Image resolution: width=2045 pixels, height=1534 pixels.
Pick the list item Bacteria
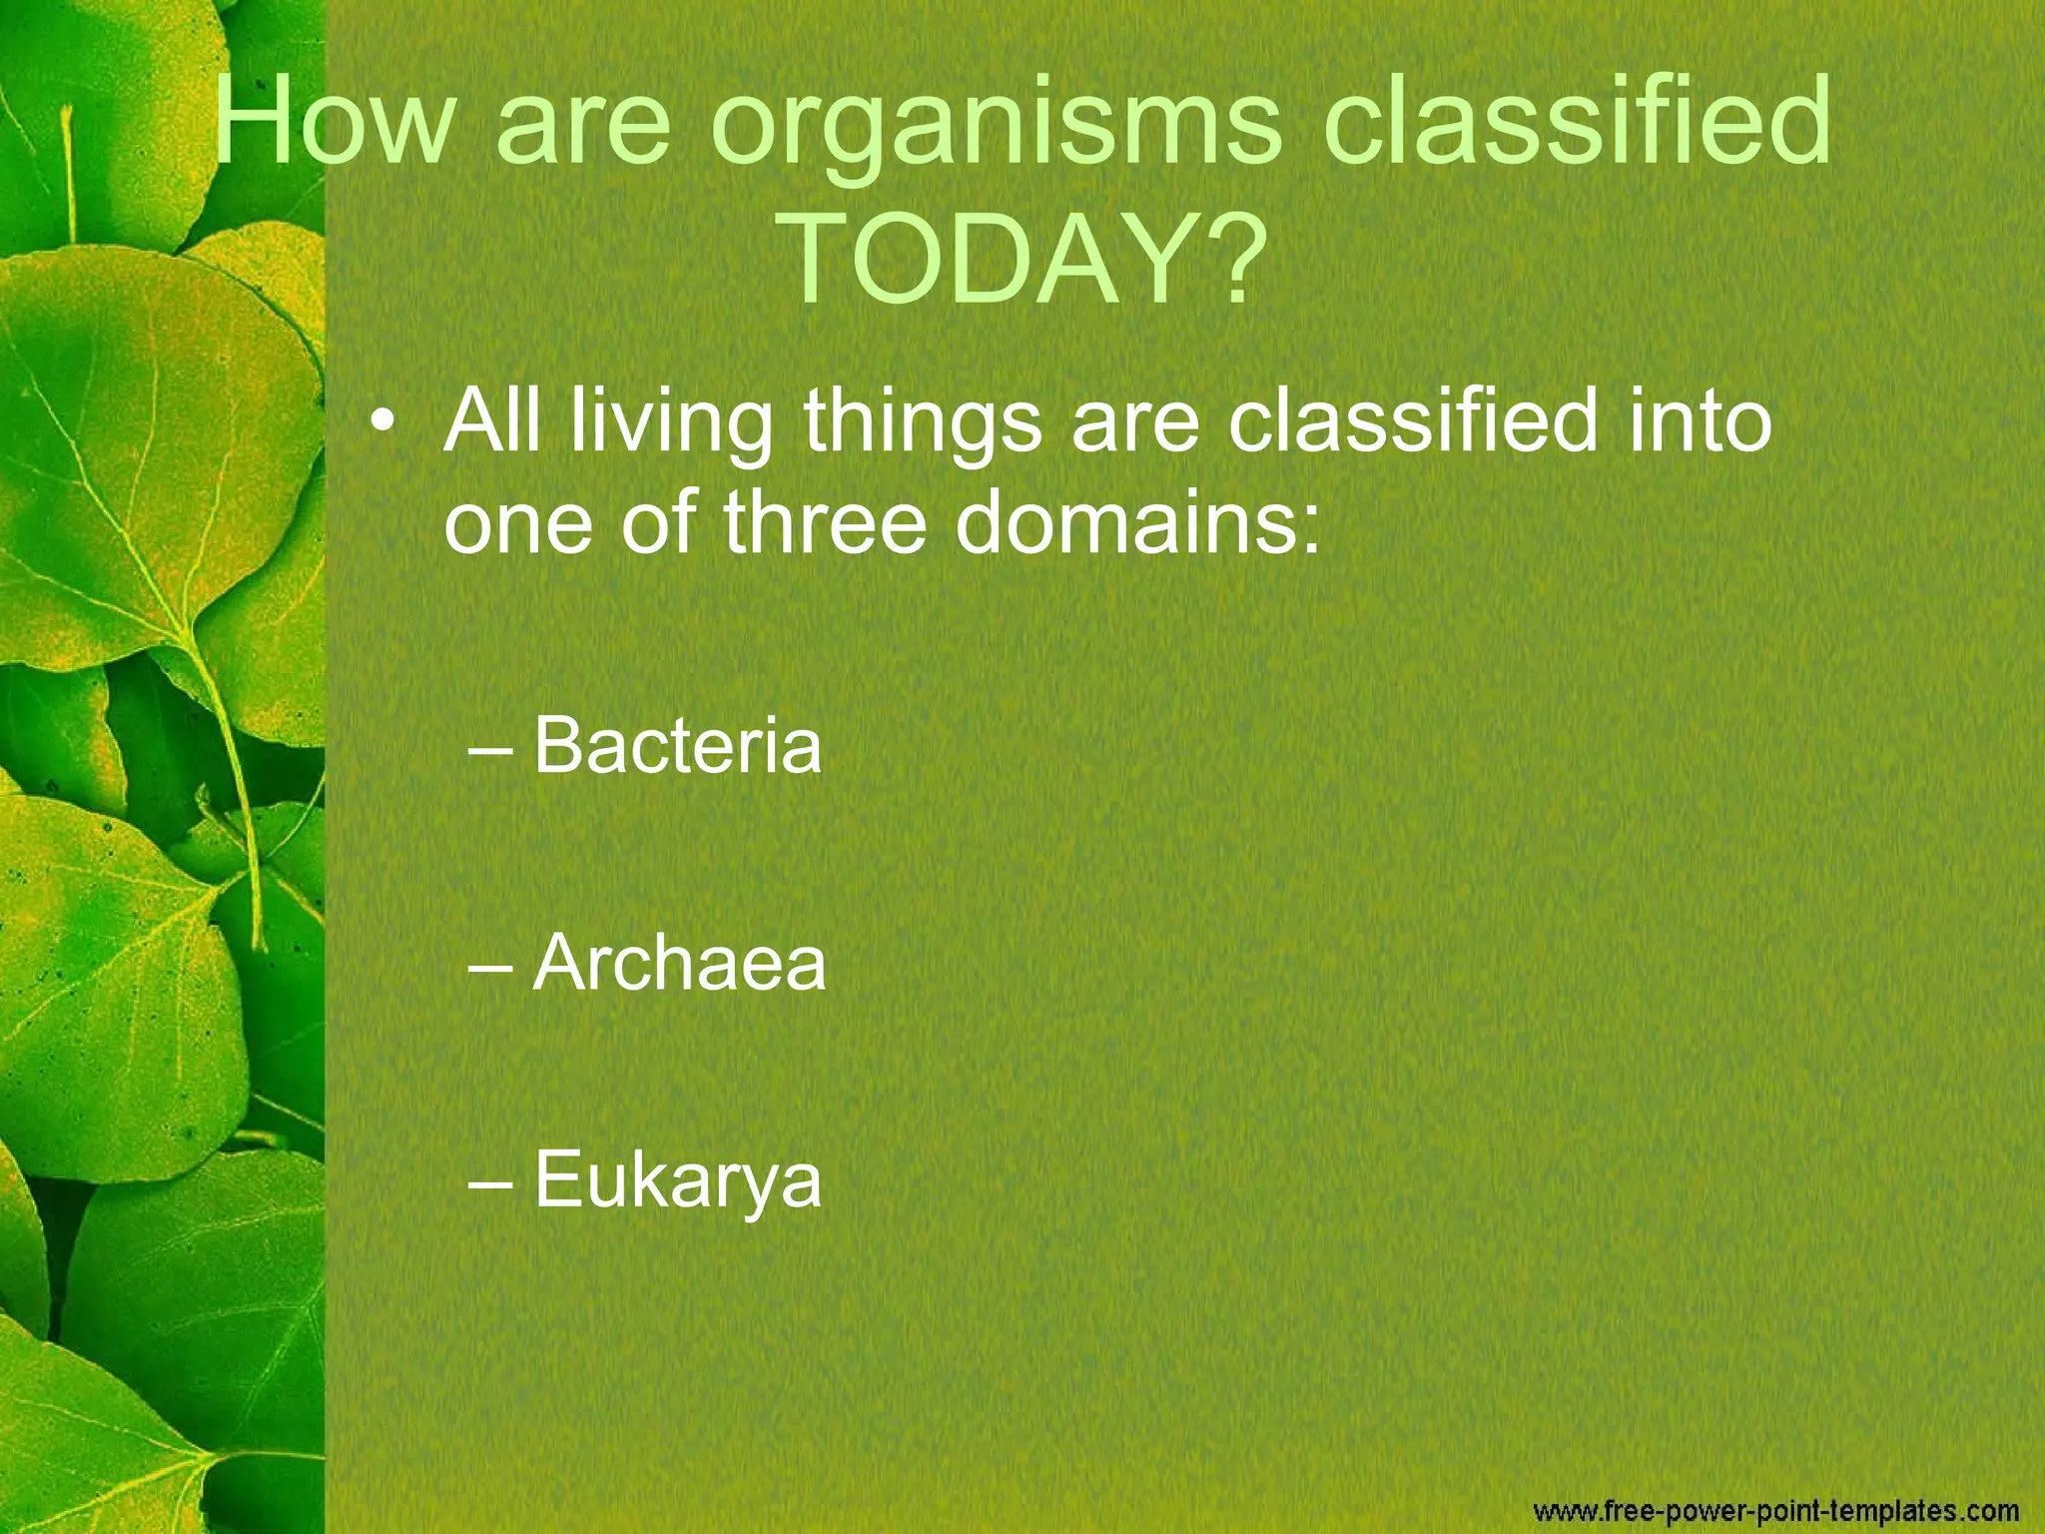(x=677, y=745)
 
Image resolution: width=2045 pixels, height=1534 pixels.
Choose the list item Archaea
(x=679, y=964)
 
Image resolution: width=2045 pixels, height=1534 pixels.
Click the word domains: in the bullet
(x=1137, y=523)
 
